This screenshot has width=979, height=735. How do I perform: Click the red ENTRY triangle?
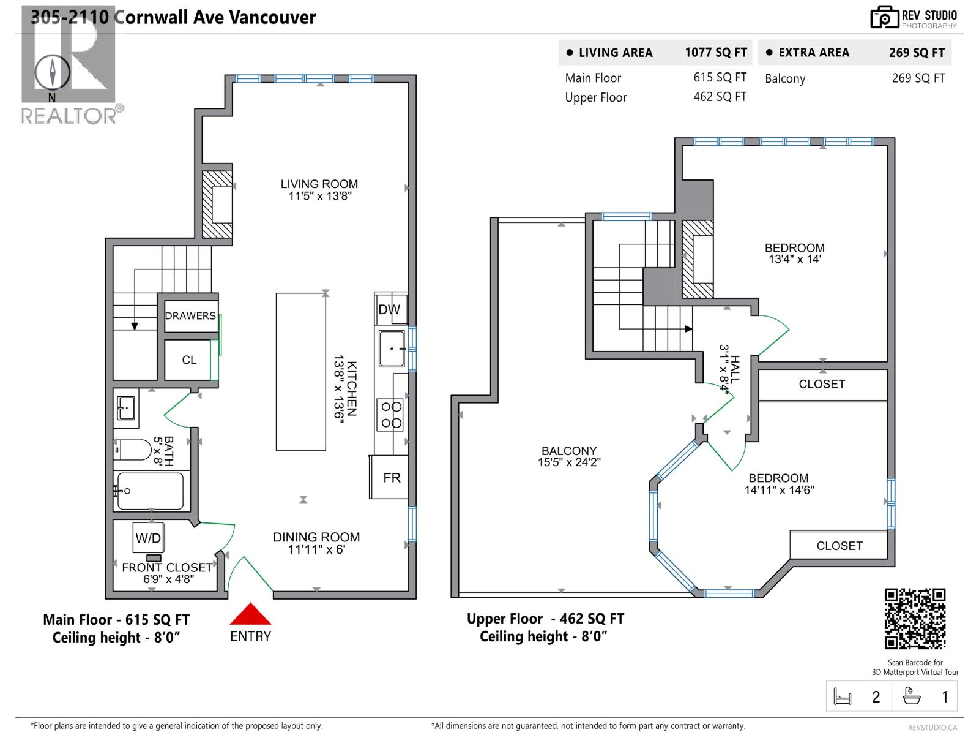tap(250, 614)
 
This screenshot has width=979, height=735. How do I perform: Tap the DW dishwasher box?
tap(389, 310)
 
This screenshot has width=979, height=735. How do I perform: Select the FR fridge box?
tap(390, 477)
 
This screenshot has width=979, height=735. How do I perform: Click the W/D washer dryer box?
tap(148, 538)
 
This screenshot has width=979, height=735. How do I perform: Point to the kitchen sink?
tap(392, 349)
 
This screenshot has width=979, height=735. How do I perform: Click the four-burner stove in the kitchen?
tap(390, 415)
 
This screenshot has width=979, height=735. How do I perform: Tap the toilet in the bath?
tap(133, 450)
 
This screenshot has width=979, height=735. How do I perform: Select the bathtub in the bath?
tap(151, 491)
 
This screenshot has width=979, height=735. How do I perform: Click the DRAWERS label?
tap(190, 316)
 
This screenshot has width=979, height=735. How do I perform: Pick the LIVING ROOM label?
tap(319, 184)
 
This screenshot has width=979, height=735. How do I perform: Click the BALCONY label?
tap(569, 451)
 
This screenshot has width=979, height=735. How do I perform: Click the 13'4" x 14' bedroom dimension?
tap(795, 259)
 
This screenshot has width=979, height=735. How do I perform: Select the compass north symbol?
tap(52, 72)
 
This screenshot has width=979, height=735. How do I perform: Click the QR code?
tap(915, 618)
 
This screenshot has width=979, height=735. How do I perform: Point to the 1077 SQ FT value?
tap(715, 53)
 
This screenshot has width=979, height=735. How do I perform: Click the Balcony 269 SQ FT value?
tap(918, 78)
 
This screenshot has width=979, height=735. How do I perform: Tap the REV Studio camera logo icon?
tap(884, 18)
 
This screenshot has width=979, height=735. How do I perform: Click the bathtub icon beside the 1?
tap(912, 696)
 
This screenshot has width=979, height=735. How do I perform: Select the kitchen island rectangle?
tap(300, 372)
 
